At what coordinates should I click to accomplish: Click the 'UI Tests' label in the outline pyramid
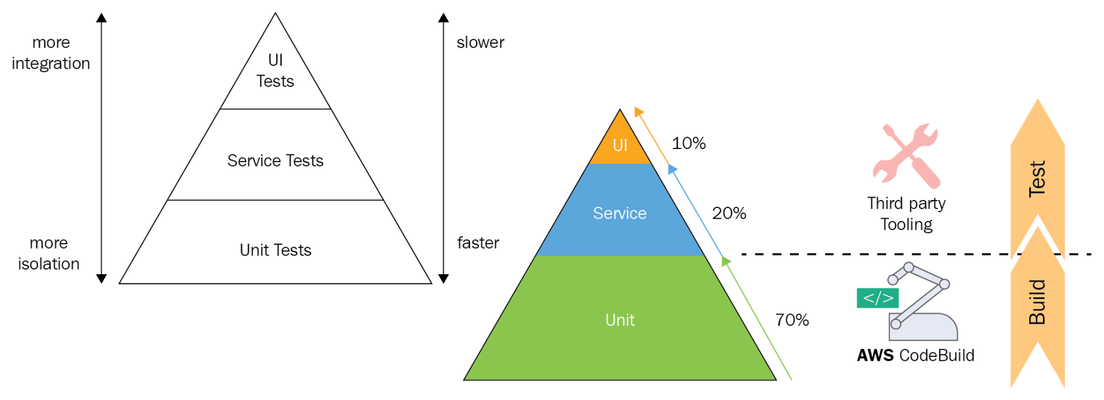275,71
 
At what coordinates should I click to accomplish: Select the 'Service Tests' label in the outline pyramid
275,161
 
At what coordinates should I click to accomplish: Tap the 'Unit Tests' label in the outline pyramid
275,250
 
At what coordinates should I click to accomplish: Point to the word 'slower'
480,42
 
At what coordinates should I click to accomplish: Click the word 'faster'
478,243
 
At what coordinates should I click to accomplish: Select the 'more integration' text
51,53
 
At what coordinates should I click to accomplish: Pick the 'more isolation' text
49,253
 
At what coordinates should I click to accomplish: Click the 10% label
688,143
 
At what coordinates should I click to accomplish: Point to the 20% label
729,214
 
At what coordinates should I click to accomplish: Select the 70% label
792,320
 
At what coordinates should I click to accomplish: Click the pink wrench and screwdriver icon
906,155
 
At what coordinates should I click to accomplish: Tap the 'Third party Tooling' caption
906,214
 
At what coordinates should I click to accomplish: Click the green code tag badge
878,298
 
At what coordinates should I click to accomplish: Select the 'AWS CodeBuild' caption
915,355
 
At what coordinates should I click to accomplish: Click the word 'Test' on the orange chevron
1037,179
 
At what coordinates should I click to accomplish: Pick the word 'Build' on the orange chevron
1037,302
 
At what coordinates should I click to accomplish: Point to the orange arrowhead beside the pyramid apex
639,112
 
